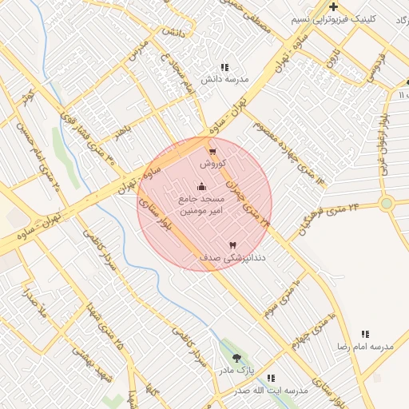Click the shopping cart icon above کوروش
[212, 151]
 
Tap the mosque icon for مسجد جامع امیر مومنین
[201, 187]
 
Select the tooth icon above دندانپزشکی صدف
[232, 245]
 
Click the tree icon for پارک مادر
[236, 358]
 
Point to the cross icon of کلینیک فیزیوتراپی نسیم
[333, 7]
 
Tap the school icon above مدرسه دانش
[224, 67]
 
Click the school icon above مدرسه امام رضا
[365, 334]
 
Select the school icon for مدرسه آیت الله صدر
[271, 378]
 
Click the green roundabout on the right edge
[387, 204]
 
